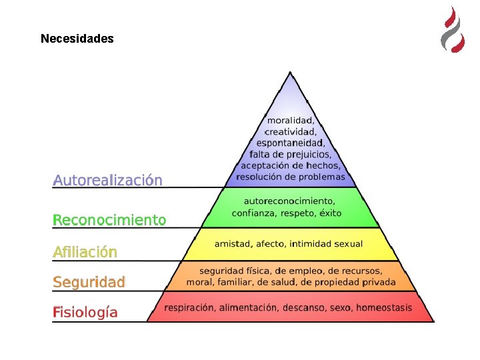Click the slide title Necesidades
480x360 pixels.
[77, 39]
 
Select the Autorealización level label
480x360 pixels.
[107, 180]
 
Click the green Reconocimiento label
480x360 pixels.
[109, 220]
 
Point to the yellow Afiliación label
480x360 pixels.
[85, 252]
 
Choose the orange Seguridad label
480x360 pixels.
[89, 282]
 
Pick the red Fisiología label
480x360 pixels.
[85, 312]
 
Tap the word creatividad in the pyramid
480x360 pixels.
[290, 131]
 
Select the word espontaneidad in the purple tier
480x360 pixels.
[290, 143]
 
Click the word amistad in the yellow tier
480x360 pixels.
[233, 244]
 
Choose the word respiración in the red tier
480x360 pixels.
[190, 307]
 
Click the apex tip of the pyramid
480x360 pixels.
[290, 73]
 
